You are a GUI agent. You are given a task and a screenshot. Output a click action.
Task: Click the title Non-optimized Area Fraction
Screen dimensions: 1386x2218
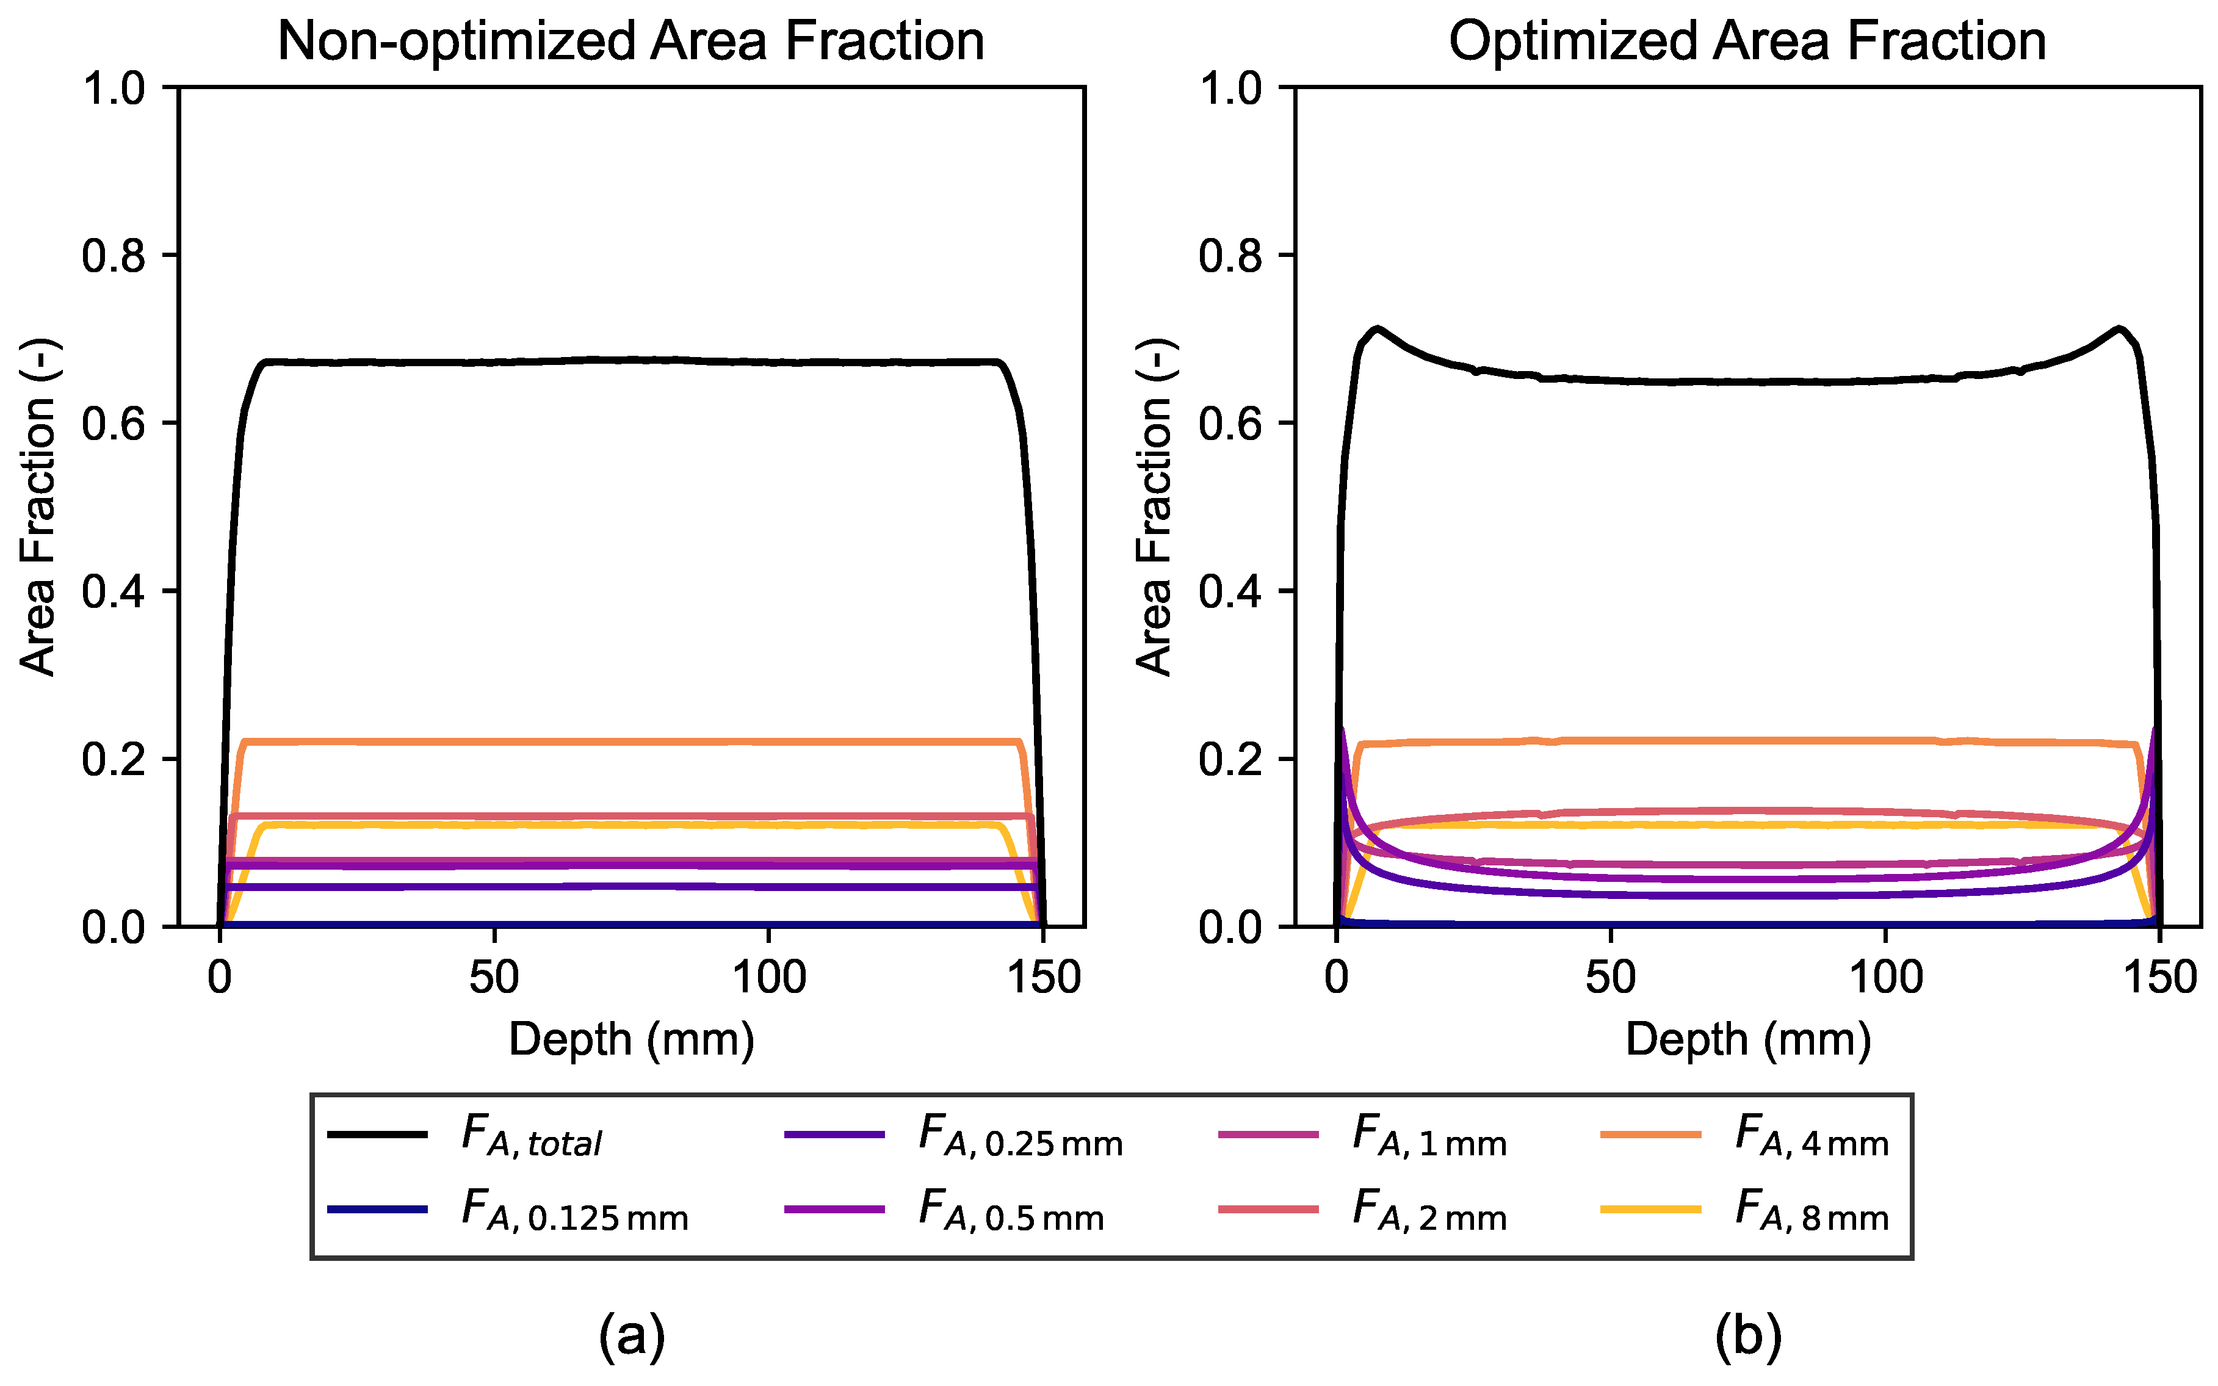630,42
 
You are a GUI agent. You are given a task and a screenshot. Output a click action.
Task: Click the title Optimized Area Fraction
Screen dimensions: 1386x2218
1747,42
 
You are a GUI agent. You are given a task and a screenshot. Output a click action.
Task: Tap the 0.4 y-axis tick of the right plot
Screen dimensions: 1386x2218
1230,592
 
